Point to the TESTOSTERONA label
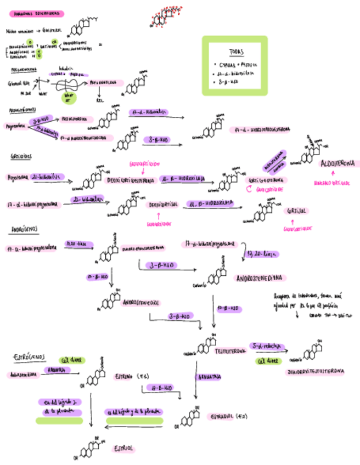pyautogui.click(x=229, y=350)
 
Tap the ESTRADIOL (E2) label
pyautogui.click(x=228, y=416)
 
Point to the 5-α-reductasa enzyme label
pyautogui.click(x=266, y=346)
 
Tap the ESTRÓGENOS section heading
pyautogui.click(x=30, y=357)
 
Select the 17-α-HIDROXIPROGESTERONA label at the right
pyautogui.click(x=262, y=130)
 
